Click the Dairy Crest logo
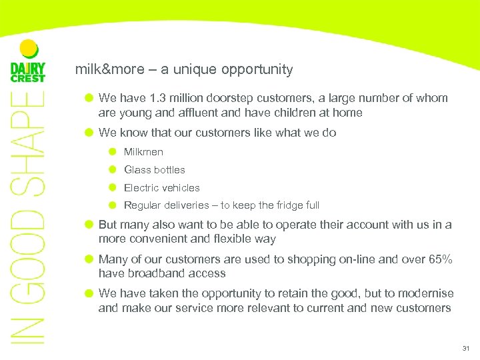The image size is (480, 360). [28, 63]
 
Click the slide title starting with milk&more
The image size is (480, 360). [184, 69]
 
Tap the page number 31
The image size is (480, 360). [465, 349]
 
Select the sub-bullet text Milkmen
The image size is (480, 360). [143, 152]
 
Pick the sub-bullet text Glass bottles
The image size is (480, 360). [155, 170]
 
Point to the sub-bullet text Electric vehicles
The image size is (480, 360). [162, 188]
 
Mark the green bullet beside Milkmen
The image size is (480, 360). [113, 152]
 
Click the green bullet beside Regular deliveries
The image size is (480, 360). [113, 205]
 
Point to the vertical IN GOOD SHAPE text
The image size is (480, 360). [28, 220]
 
